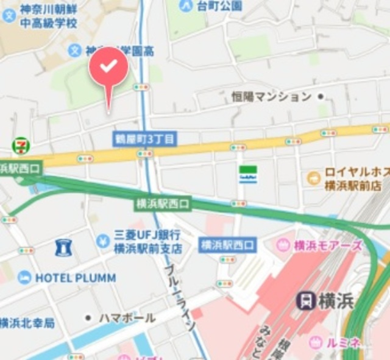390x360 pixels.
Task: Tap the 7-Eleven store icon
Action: (x=21, y=145)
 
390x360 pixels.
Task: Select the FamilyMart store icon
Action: (x=247, y=172)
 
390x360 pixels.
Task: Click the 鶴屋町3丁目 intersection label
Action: (x=145, y=139)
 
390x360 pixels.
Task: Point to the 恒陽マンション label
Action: (x=271, y=97)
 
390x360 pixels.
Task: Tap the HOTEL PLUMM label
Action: (x=75, y=278)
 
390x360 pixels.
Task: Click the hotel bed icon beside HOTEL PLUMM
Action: (x=24, y=278)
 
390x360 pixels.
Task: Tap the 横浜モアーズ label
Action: (x=328, y=245)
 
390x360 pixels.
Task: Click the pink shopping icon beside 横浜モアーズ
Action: (x=283, y=245)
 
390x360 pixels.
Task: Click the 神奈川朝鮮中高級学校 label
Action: (x=48, y=16)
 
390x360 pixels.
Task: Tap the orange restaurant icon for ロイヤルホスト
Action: (x=314, y=178)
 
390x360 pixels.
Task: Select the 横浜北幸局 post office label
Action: (x=27, y=322)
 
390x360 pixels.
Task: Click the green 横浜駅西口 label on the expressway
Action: (x=163, y=203)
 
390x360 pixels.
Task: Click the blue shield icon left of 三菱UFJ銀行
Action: (x=62, y=247)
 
